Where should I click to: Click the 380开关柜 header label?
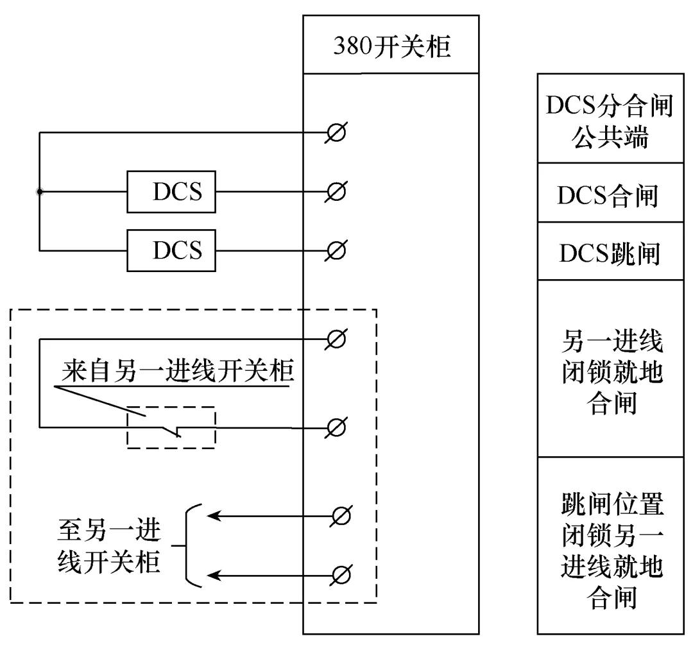point(391,46)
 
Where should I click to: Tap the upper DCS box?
point(171,191)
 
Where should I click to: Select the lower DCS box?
point(171,249)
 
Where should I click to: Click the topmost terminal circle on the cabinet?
point(336,133)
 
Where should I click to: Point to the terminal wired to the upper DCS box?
point(336,191)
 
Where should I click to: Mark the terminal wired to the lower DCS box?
point(336,249)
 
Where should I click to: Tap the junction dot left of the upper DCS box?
point(40,191)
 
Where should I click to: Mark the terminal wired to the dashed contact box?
point(336,427)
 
